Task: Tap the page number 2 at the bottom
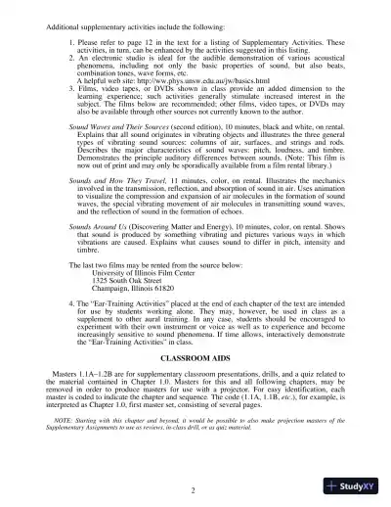coord(195,488)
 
